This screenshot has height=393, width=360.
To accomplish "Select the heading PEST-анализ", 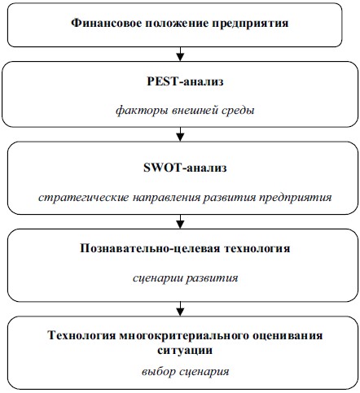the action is tap(185, 81).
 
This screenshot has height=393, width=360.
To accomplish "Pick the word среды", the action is tap(238, 111).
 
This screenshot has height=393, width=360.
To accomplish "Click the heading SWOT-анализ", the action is tap(185, 168).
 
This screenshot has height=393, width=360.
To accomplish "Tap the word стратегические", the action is tap(84, 197).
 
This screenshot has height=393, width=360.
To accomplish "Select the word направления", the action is tap(166, 198).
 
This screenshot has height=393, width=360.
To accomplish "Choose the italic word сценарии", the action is tap(157, 278).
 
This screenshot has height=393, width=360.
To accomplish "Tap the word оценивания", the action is tap(288, 336).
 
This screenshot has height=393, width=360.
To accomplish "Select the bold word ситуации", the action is tap(185, 350).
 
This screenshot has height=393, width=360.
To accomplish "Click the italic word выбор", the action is tap(159, 372).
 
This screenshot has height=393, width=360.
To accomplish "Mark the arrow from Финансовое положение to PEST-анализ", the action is tap(180, 54).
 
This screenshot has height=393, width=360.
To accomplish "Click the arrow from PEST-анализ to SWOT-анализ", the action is tap(180, 134).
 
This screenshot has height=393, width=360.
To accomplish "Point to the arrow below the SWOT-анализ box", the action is tap(180, 221).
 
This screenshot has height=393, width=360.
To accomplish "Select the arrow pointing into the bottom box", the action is tap(180, 308).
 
